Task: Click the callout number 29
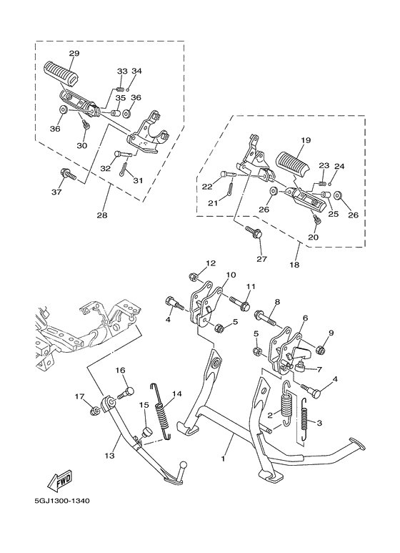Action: (74, 54)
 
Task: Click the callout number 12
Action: (211, 263)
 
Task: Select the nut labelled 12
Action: (194, 276)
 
